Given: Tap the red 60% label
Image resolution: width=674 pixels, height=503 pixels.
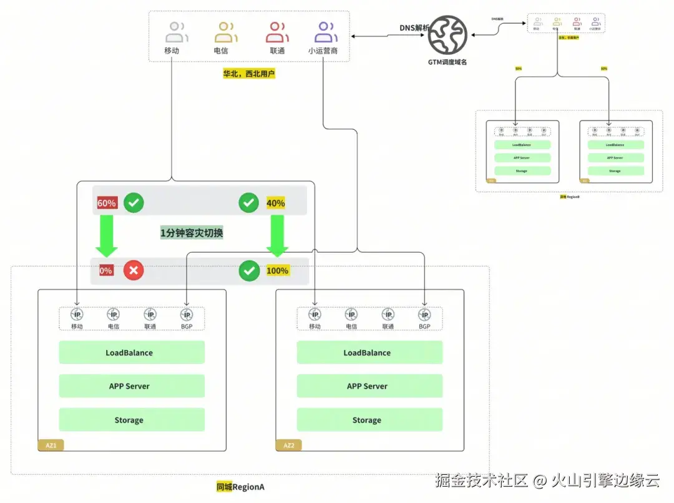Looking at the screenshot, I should pos(107,203).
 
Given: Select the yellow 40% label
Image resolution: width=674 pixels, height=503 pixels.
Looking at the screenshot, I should pos(275,203).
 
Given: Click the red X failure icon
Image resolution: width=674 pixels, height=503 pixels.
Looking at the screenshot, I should pos(134,270).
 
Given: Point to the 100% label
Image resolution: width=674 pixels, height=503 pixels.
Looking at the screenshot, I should pos(277,270).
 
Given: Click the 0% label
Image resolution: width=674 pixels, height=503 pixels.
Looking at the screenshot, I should pos(106,270).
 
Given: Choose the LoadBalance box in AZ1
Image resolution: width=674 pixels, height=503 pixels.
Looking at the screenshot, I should pos(132,353).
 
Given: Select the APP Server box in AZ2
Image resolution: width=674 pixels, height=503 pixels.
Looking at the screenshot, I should pos(369,386).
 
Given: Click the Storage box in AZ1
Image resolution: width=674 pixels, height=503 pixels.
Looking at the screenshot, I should pos(132,420).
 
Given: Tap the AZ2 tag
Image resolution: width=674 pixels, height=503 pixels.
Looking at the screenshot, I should pos(289,446).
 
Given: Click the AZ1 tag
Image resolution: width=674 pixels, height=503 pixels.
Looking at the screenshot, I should pos(51,446).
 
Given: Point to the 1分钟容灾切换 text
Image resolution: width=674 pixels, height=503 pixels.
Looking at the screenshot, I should pos(192,233).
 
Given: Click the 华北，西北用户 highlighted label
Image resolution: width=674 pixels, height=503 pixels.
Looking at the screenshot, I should pos(249,73).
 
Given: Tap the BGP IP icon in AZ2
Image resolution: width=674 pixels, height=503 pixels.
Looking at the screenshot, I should pos(424,315).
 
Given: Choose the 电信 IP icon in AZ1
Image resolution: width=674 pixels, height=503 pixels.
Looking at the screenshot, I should pos(113,315).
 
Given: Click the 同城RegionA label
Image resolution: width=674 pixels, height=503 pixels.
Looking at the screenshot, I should pos(240,487).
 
